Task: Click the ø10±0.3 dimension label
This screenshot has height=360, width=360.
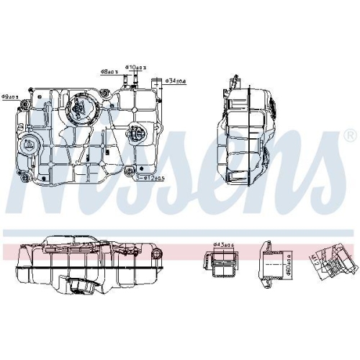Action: (135, 66)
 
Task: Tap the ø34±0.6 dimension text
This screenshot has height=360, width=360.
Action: (177, 81)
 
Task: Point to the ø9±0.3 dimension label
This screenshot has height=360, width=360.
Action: (10, 96)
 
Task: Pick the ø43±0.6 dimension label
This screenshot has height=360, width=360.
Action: (225, 244)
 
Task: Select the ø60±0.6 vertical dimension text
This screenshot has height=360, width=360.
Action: (286, 264)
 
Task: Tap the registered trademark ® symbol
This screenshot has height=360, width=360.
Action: (349, 135)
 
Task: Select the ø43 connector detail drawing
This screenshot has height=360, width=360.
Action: (222, 264)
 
